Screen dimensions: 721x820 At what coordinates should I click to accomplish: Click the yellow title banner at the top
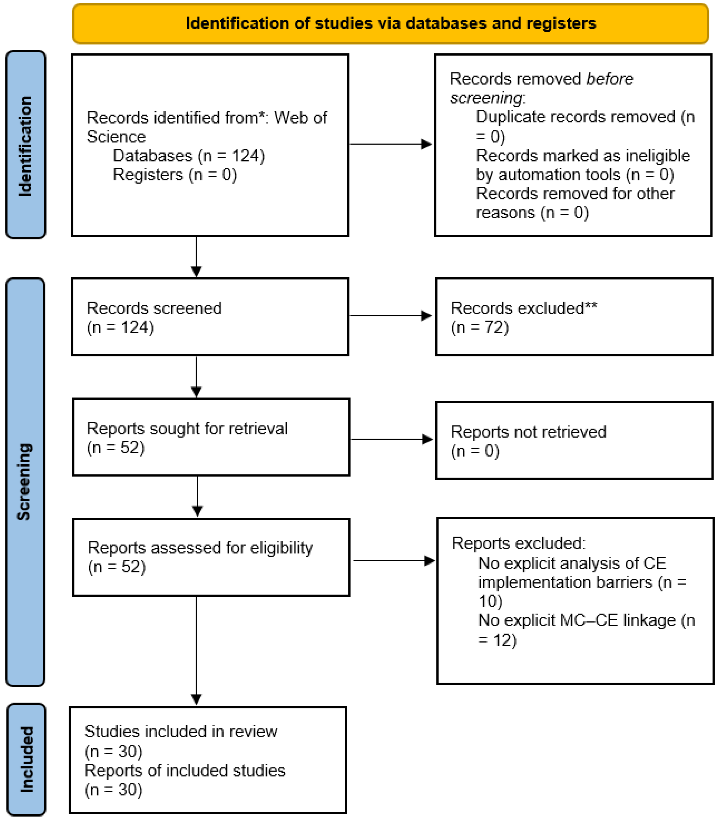390,24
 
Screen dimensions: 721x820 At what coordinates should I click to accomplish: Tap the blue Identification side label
26,145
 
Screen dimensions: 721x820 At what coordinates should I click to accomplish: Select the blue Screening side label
25,482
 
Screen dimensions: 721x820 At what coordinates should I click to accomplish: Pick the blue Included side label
27,759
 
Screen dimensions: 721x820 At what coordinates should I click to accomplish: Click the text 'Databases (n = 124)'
189,156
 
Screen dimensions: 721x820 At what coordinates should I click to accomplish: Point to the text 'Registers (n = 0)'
175,174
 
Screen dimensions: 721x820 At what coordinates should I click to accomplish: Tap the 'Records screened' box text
154,308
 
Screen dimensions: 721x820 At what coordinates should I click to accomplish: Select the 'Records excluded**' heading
524,308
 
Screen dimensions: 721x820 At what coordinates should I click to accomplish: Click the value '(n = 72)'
480,327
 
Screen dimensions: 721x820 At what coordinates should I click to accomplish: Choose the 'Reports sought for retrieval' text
187,429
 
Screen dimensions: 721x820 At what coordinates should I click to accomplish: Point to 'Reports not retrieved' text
529,432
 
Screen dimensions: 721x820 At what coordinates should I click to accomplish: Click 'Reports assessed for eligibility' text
200,548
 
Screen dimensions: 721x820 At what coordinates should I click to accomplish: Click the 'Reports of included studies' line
185,770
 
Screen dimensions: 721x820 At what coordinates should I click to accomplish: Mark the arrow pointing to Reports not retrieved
392,439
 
